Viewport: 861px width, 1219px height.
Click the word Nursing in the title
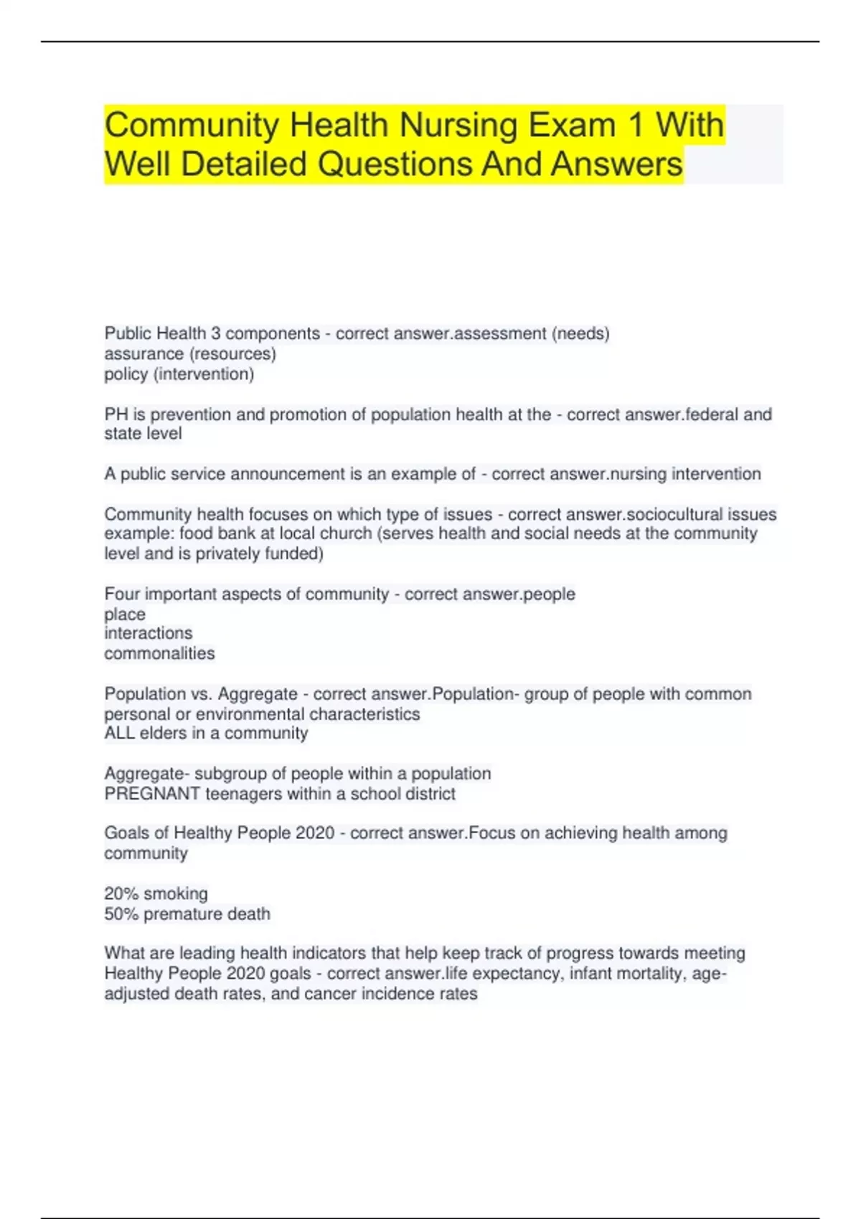click(x=458, y=126)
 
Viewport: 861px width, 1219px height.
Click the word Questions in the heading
click(x=394, y=164)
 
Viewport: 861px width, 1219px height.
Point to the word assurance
click(x=143, y=354)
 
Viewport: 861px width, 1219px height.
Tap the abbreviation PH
click(x=116, y=414)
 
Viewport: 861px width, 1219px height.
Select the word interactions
click(x=148, y=633)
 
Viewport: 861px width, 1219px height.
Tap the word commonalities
click(x=159, y=653)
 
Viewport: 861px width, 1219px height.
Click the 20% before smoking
click(x=121, y=894)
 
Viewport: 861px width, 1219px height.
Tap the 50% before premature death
click(x=121, y=914)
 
